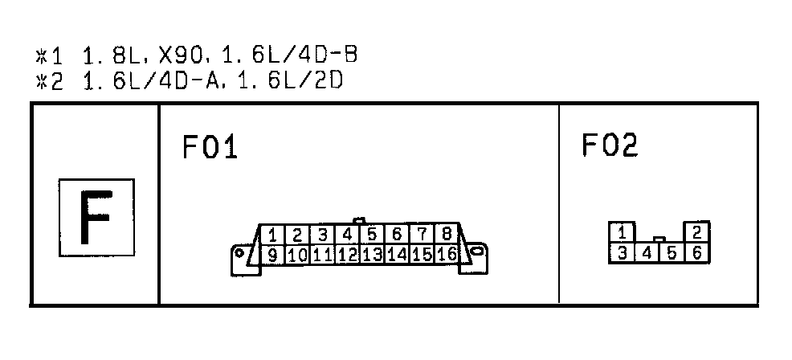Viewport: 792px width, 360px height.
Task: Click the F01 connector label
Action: click(210, 148)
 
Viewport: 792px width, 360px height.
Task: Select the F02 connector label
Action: click(610, 145)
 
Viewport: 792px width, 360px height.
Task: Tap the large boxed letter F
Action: click(96, 218)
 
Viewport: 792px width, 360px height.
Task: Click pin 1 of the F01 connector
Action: click(272, 235)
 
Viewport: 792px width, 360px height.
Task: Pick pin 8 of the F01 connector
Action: click(447, 234)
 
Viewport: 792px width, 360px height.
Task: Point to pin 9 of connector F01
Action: click(272, 255)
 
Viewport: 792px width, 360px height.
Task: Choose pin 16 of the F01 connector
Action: click(447, 254)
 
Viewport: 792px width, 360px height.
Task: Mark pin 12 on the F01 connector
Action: click(348, 254)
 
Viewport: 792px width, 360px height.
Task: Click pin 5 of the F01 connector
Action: click(372, 235)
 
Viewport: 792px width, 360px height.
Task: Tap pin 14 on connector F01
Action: click(398, 254)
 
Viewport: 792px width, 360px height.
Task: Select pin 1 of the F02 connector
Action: click(623, 232)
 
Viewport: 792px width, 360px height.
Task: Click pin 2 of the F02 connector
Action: click(697, 232)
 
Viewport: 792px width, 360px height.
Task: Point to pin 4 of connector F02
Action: click(647, 253)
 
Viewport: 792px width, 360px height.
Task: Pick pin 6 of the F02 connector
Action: click(697, 253)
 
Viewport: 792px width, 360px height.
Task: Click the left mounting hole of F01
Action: click(239, 253)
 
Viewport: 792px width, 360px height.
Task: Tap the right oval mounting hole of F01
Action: click(476, 251)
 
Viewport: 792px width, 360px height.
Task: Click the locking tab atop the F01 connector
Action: click(359, 220)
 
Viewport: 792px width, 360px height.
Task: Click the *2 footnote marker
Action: click(50, 81)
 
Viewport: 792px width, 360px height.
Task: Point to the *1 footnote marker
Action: click(50, 56)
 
